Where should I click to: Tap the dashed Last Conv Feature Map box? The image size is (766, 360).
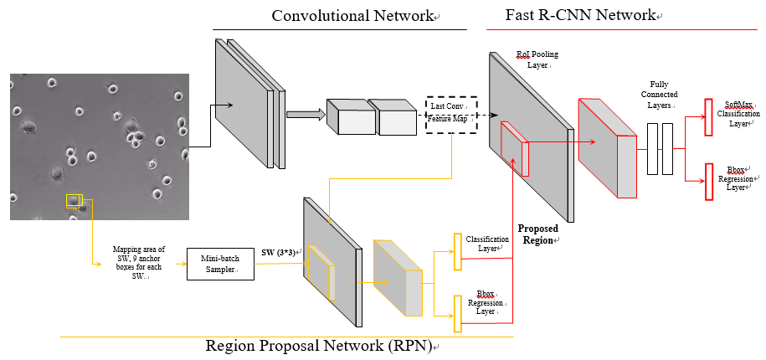tap(450, 110)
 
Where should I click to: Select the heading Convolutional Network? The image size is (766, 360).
tap(352, 16)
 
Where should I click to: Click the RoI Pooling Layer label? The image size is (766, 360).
tap(537, 59)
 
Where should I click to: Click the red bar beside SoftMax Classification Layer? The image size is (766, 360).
tap(708, 117)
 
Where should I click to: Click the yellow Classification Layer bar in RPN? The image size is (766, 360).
tap(457, 251)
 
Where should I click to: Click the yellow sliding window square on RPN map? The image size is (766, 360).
tap(321, 272)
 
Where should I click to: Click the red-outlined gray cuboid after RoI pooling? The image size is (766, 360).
tap(608, 148)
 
